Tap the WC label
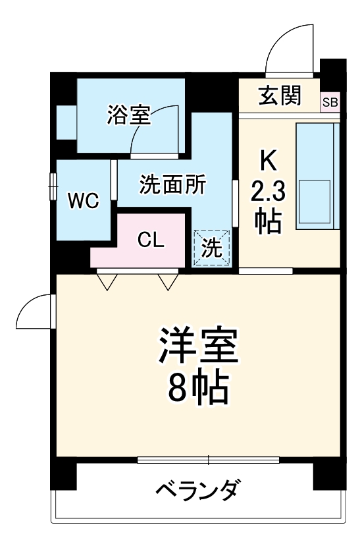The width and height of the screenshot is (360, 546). (x=84, y=201)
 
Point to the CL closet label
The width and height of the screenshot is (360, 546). (x=151, y=240)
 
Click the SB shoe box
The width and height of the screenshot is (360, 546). (x=330, y=102)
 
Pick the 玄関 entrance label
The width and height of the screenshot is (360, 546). (x=280, y=96)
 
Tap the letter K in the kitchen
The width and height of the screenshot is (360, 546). (x=267, y=159)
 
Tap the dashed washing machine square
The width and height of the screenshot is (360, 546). (x=212, y=248)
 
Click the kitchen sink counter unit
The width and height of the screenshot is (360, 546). (x=317, y=176)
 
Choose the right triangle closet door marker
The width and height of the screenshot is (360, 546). (x=168, y=281)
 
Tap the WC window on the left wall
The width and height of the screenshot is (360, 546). (x=53, y=186)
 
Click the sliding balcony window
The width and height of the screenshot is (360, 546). (x=208, y=459)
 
